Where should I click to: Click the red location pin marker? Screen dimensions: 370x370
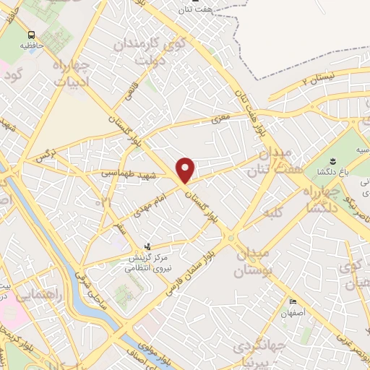point(186,170)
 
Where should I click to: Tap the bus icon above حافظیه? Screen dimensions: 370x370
point(31,35)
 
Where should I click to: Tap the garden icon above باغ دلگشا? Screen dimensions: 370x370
point(332,160)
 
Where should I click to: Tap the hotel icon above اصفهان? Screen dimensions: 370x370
point(293,302)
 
